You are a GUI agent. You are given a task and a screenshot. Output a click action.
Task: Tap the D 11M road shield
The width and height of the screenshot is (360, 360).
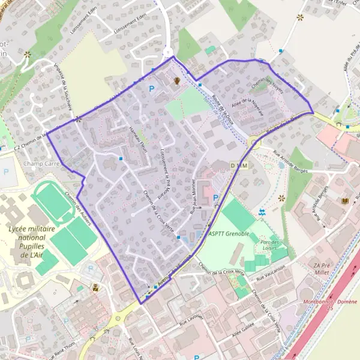point(238,164)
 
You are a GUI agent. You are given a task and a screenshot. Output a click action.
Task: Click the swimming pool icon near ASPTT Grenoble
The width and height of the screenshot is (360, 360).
point(262,212)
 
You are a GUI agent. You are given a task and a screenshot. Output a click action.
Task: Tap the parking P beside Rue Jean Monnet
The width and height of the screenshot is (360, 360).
point(215,197)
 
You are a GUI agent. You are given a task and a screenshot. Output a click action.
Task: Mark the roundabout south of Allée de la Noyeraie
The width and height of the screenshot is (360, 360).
point(253,143)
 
